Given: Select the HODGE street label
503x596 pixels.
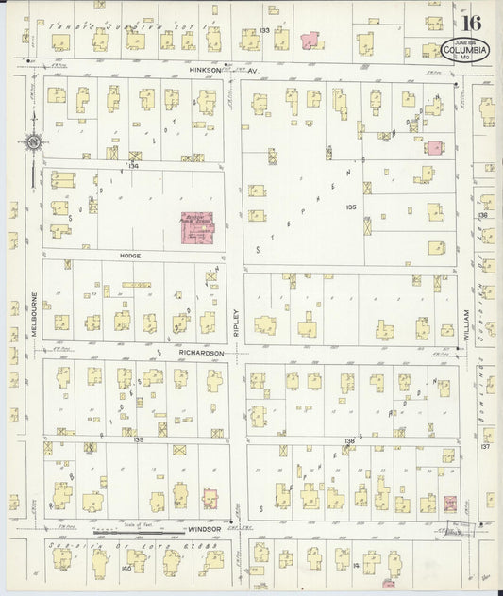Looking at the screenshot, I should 130,255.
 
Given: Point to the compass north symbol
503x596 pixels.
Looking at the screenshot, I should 32,142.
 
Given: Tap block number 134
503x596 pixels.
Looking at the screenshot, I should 133,165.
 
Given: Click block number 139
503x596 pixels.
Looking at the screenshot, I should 138,439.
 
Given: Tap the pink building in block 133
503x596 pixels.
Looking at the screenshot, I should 310,40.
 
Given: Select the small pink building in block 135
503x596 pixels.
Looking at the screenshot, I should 433,148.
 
